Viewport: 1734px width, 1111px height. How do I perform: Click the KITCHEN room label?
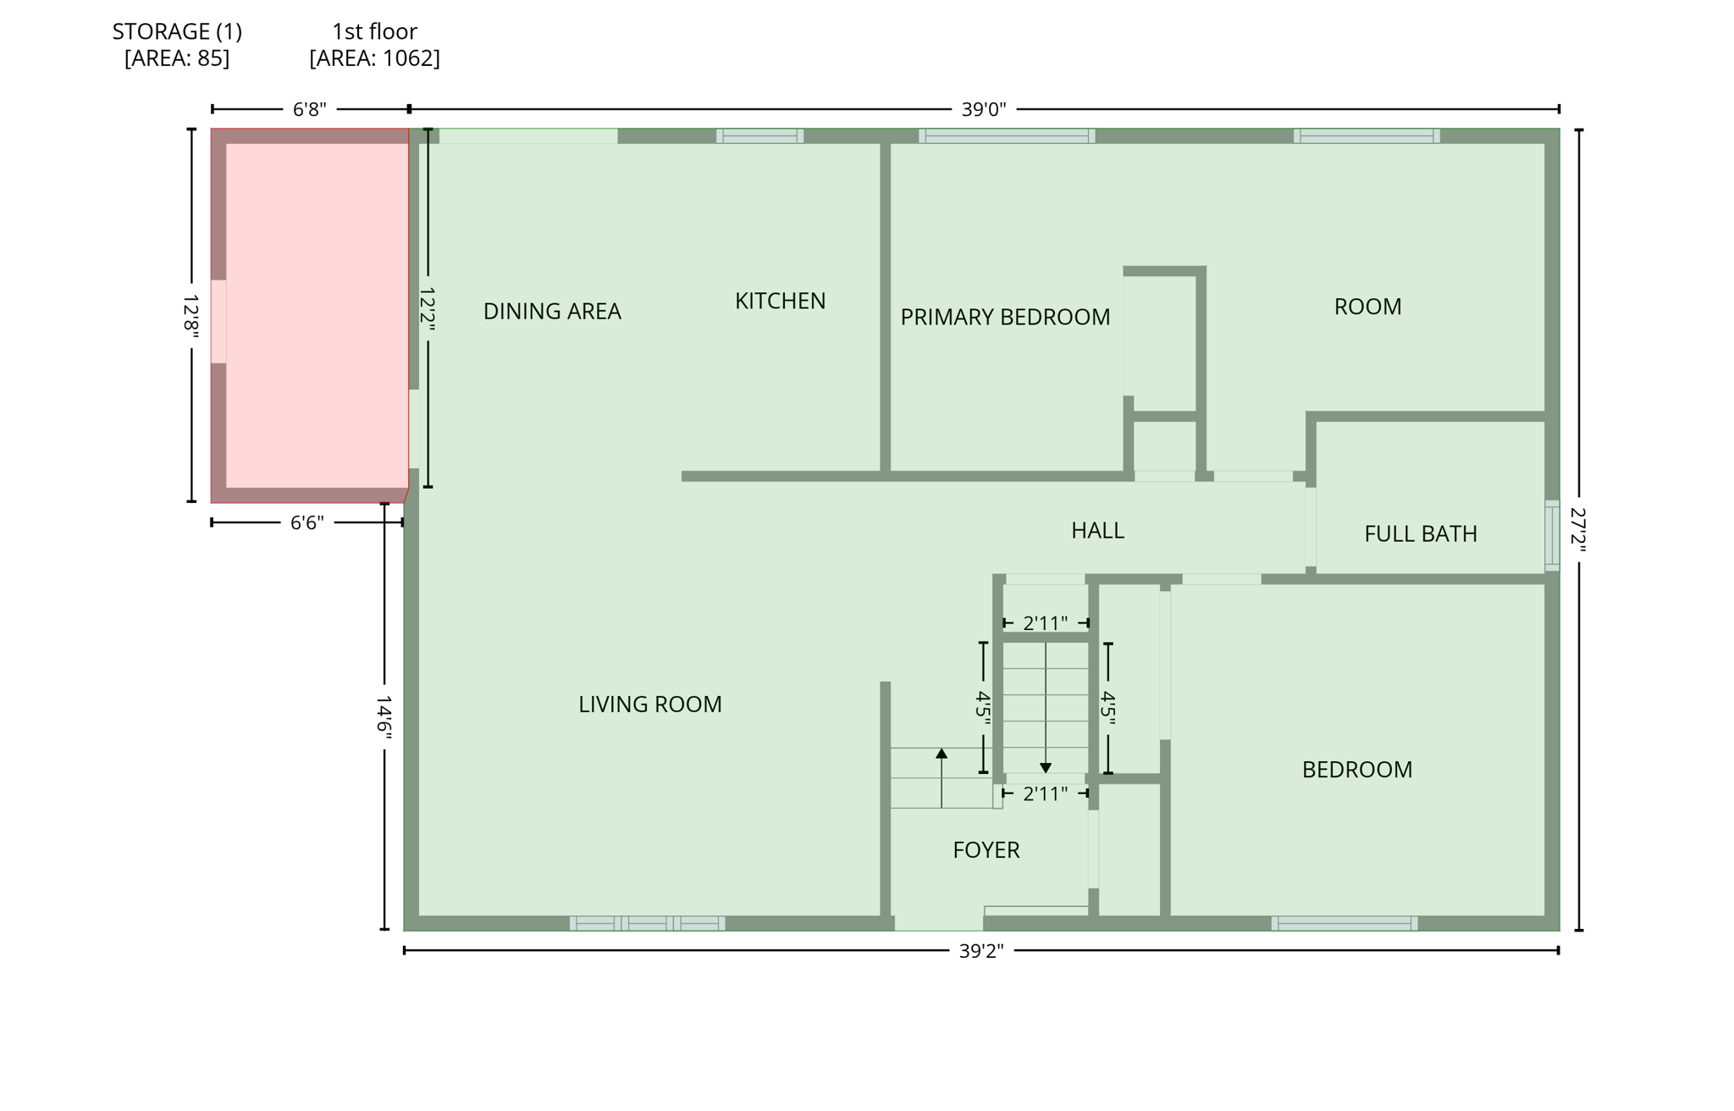point(780,301)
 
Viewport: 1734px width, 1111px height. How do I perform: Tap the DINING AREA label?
point(552,312)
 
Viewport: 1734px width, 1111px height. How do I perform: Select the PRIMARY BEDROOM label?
point(1004,317)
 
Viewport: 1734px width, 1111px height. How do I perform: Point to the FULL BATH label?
point(1420,533)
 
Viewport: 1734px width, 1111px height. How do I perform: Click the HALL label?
point(1097,530)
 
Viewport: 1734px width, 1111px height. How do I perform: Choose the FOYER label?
point(986,849)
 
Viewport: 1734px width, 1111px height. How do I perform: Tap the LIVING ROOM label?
point(649,704)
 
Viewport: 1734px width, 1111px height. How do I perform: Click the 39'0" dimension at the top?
point(983,109)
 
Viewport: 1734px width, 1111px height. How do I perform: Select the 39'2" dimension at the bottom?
point(980,951)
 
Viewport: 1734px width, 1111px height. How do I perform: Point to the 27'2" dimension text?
point(1578,529)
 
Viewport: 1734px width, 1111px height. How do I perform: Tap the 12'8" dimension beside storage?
point(191,317)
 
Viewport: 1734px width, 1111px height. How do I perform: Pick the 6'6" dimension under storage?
point(306,522)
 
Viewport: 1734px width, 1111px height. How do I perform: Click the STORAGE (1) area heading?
point(177,32)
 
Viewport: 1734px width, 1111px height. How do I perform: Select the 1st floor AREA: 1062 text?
point(374,58)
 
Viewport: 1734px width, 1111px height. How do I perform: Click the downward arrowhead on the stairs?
point(1046,767)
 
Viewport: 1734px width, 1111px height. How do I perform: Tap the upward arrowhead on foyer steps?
point(941,753)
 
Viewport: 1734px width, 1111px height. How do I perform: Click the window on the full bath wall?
point(1551,535)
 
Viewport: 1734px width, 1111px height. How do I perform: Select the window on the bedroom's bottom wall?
point(1344,923)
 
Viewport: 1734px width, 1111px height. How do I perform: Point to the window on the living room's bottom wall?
point(647,923)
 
